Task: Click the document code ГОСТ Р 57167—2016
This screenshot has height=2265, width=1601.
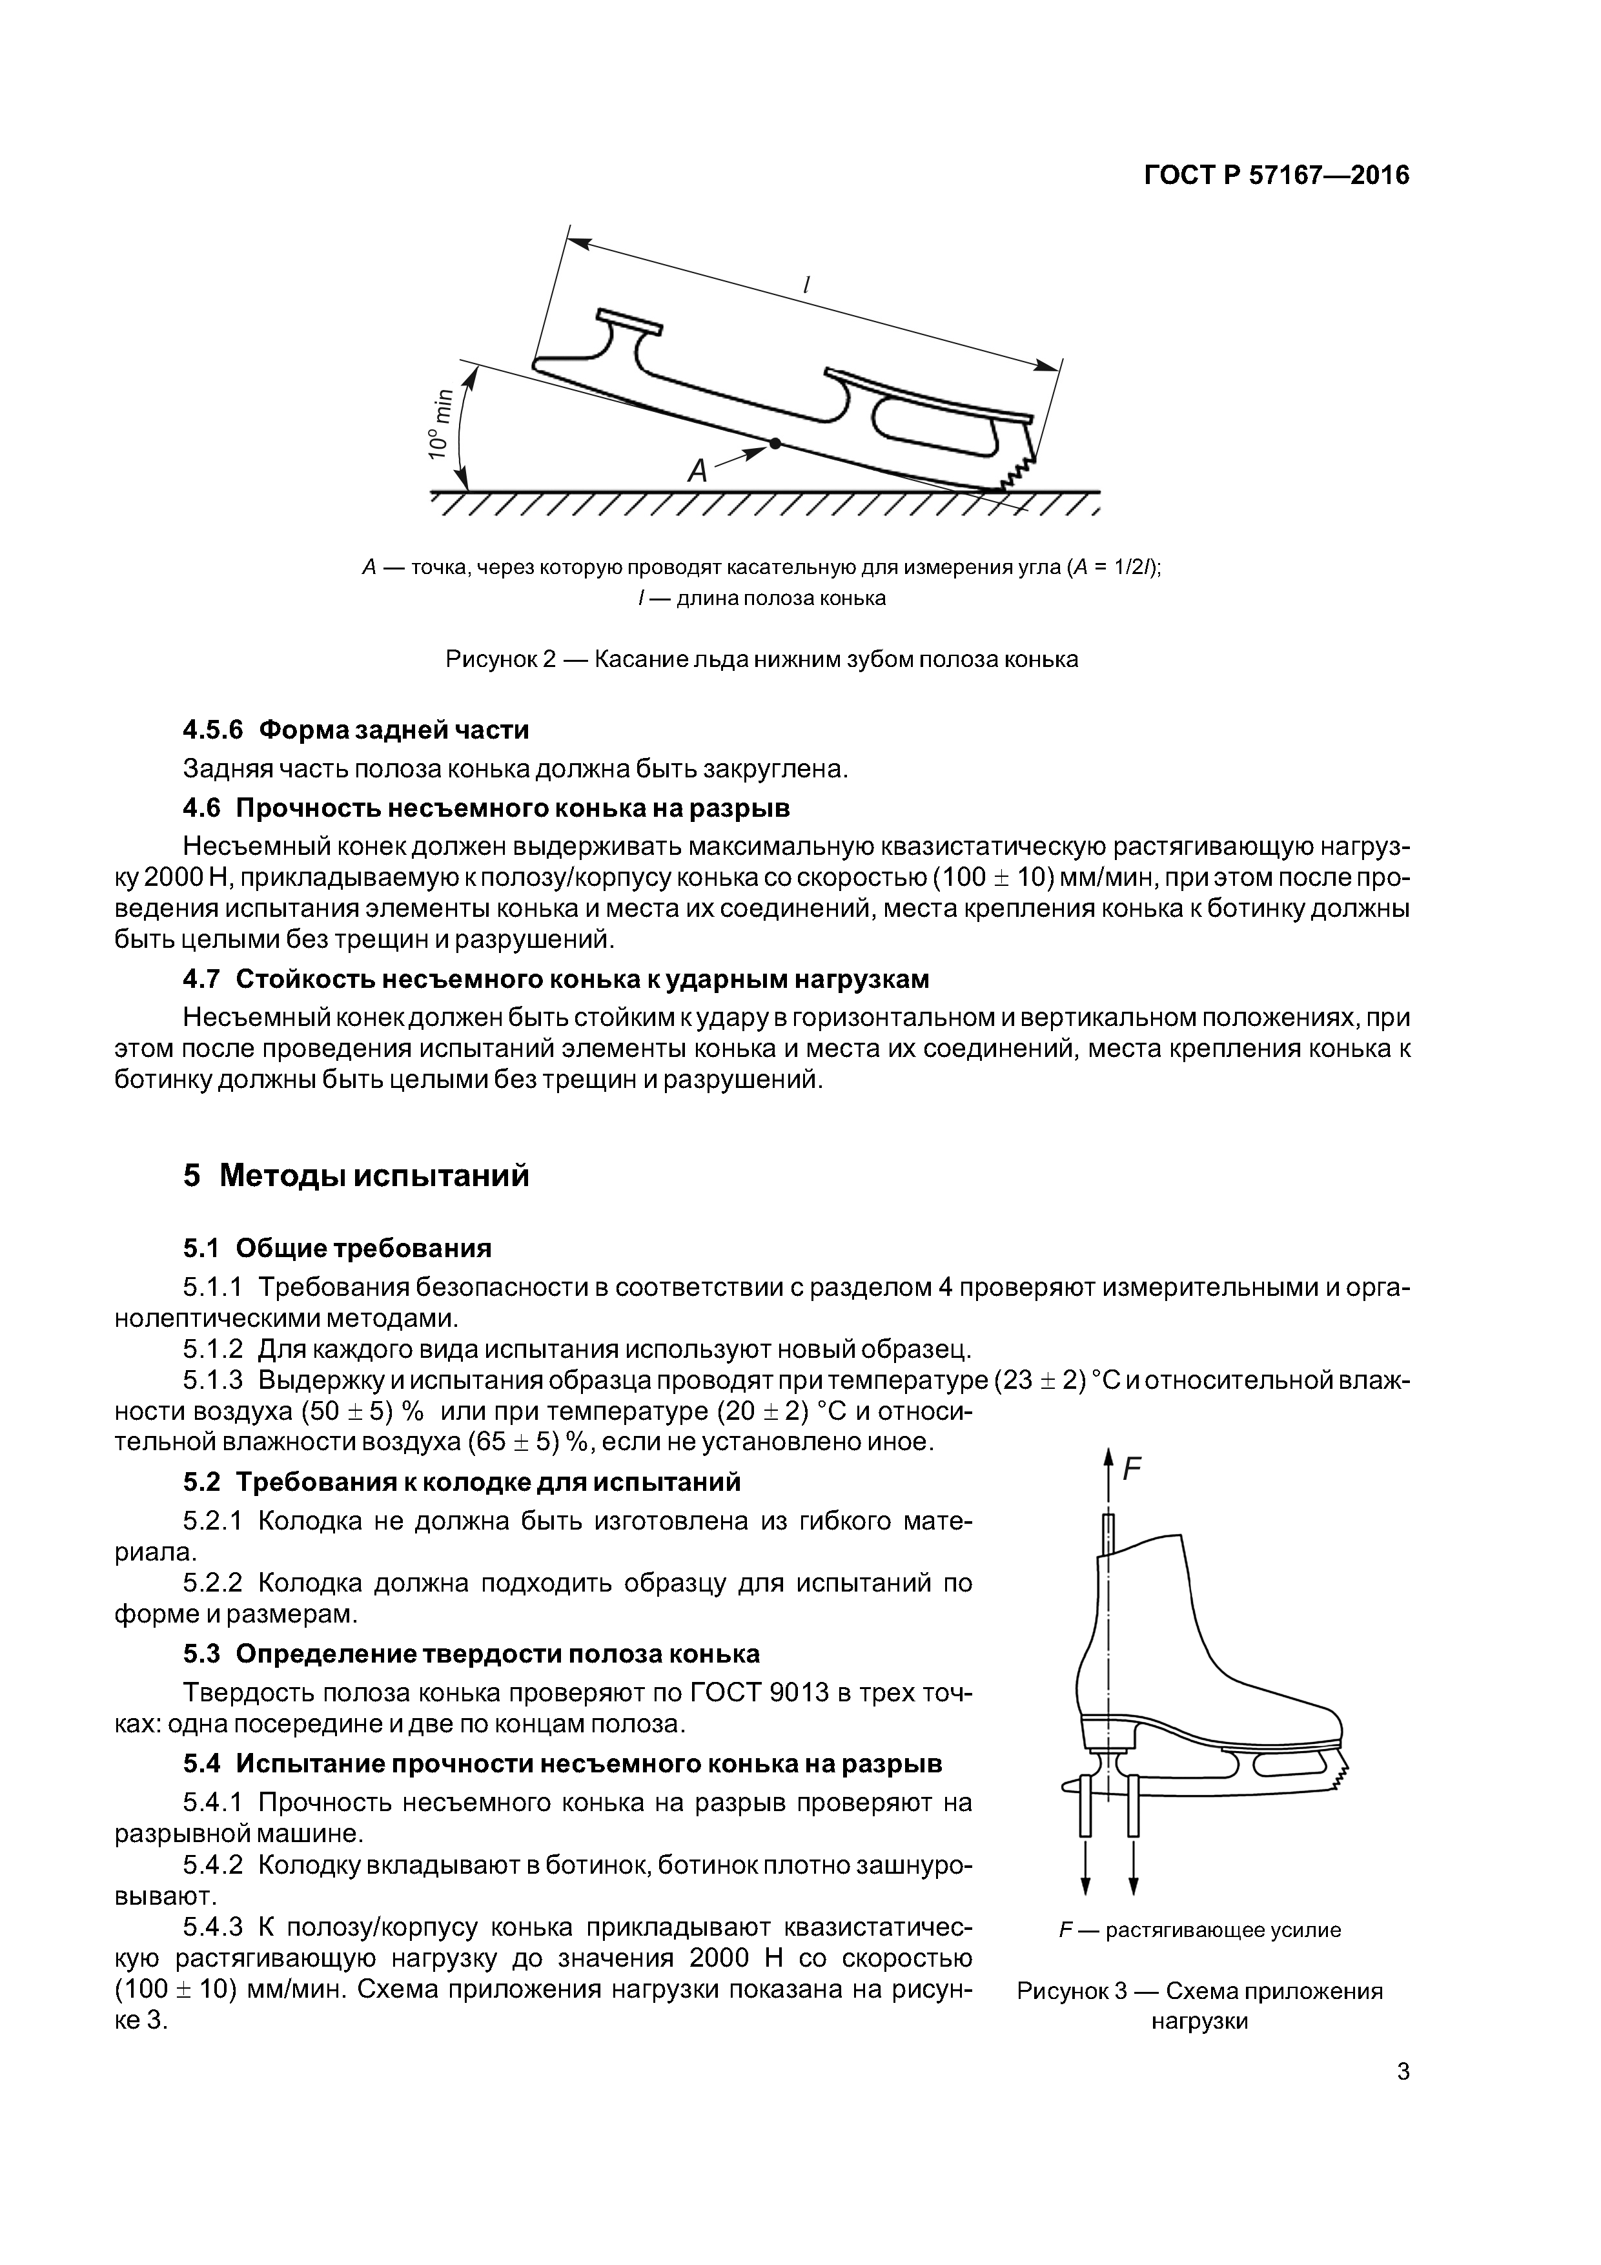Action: click(x=1276, y=176)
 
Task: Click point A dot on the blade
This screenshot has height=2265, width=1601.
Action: click(x=775, y=444)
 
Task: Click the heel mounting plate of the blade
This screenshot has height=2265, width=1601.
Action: click(x=628, y=321)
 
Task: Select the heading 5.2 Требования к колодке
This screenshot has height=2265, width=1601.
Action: click(x=462, y=1482)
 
